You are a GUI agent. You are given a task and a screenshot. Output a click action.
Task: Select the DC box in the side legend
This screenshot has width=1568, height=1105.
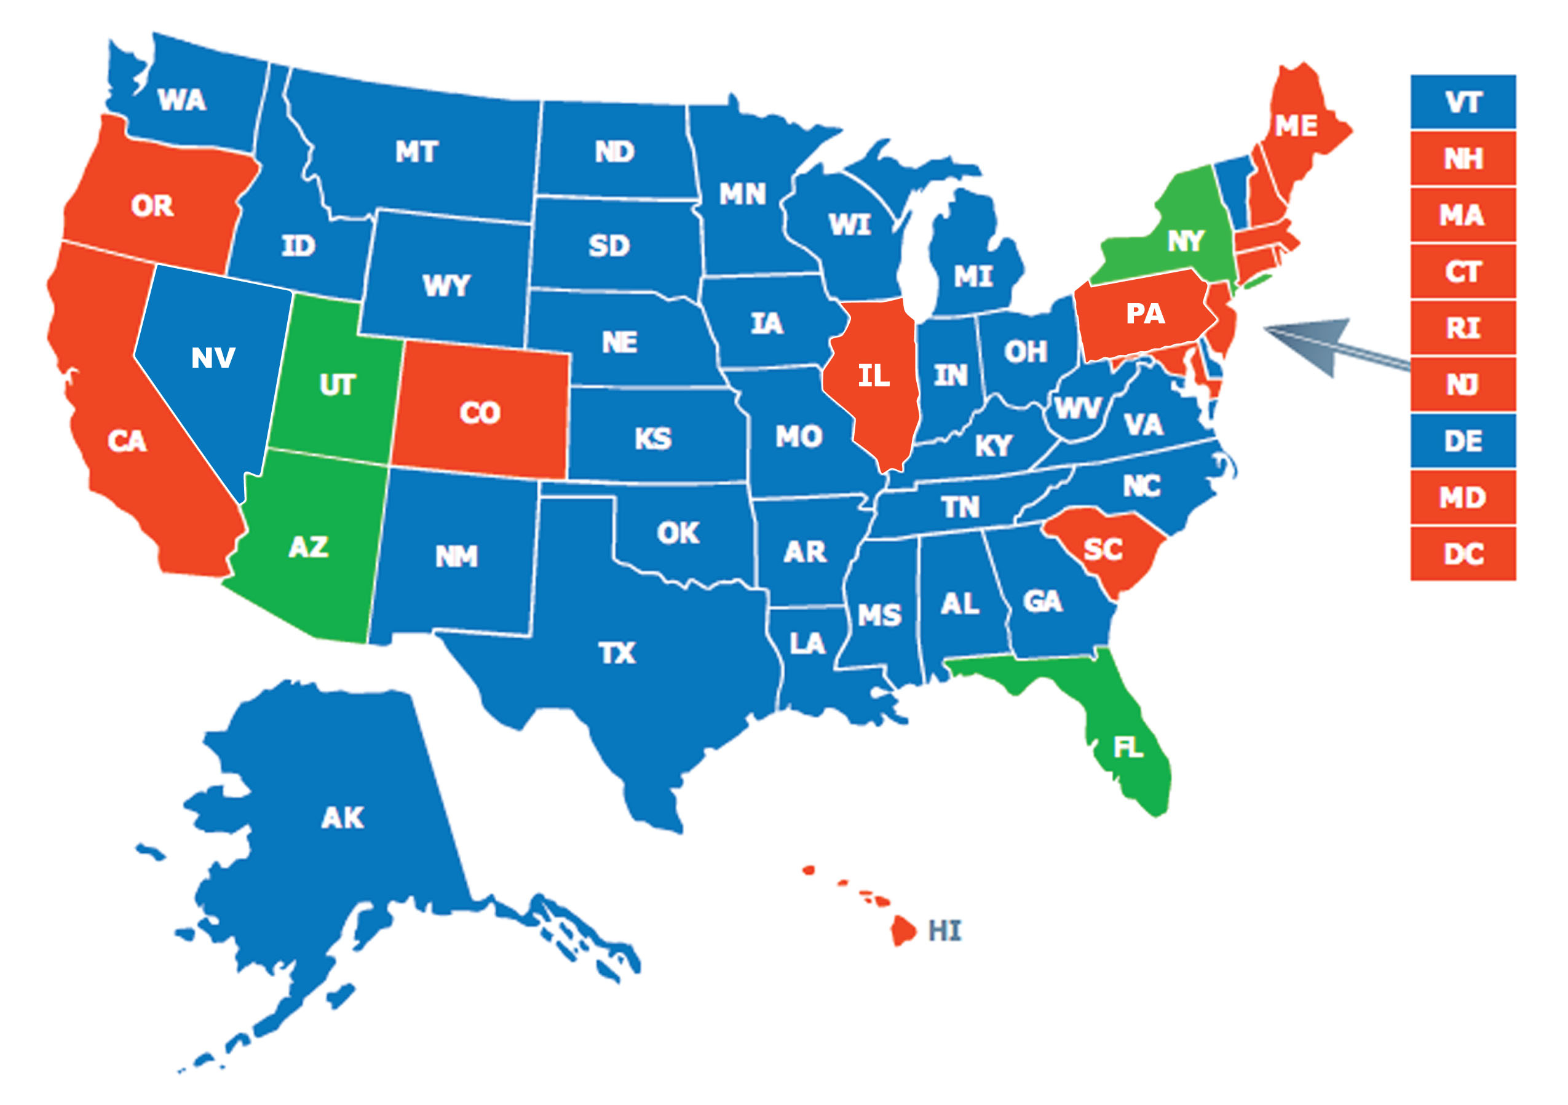(x=1463, y=554)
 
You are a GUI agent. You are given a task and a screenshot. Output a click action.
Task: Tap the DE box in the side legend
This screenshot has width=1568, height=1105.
(x=1463, y=441)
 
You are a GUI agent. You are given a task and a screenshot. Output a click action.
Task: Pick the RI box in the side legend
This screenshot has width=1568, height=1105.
(x=1463, y=328)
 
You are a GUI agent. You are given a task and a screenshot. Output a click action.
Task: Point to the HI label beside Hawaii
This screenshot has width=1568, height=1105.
(x=944, y=931)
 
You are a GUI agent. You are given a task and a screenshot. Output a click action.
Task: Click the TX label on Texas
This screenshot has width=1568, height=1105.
(x=617, y=654)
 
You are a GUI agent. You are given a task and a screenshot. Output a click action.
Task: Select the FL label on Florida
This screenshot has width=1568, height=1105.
(x=1128, y=748)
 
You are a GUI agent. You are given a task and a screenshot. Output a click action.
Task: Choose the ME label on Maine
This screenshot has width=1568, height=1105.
(x=1296, y=125)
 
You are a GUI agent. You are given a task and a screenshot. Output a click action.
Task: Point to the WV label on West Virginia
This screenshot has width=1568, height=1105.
(x=1078, y=408)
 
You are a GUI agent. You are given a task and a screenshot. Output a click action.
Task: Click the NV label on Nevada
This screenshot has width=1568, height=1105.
(x=213, y=358)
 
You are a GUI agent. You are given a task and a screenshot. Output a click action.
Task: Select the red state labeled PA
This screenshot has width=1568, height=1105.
(x=1146, y=314)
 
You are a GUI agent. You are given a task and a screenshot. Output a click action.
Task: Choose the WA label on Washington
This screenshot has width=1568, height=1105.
(x=181, y=100)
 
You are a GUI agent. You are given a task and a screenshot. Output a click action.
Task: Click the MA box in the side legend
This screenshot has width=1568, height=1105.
(x=1463, y=215)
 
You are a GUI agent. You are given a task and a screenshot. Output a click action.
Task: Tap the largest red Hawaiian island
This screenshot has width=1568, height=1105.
(x=903, y=930)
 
